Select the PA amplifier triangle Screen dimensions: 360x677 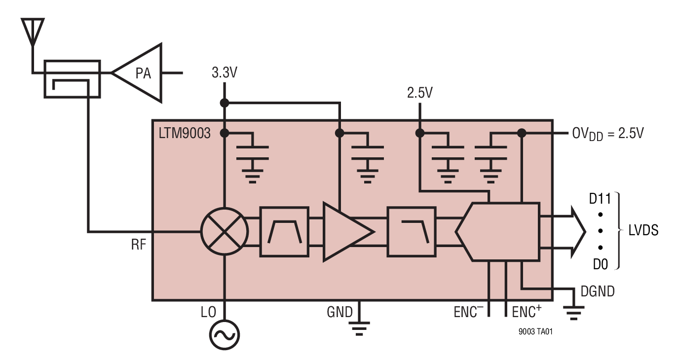(141, 73)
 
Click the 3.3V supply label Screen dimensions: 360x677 (225, 73)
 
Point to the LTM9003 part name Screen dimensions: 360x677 (185, 133)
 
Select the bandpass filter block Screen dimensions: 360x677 (284, 231)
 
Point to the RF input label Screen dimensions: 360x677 (139, 245)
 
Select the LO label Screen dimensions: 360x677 (209, 312)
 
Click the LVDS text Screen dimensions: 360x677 (643, 231)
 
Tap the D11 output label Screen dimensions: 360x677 (600, 199)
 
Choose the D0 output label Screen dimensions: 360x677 (600, 264)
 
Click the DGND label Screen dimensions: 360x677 (598, 291)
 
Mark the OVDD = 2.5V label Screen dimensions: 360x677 (607, 134)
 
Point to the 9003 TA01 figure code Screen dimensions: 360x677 (535, 332)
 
